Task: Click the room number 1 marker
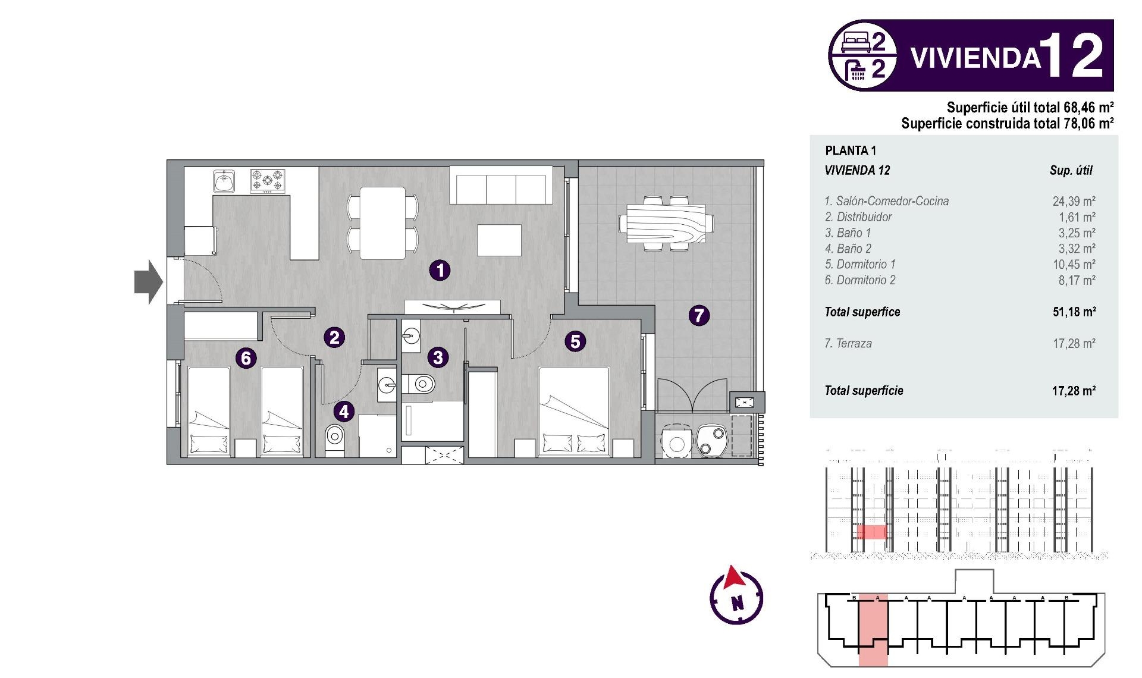pyautogui.click(x=440, y=270)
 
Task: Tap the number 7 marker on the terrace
pyautogui.click(x=699, y=315)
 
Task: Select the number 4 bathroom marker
pyautogui.click(x=343, y=412)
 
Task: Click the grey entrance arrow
pyautogui.click(x=148, y=282)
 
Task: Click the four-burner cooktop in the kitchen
pyautogui.click(x=267, y=181)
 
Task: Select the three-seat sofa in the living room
pyautogui.click(x=501, y=187)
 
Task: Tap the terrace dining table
pyautogui.click(x=666, y=224)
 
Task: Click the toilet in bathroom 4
pyautogui.click(x=335, y=439)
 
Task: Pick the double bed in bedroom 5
pyautogui.click(x=574, y=412)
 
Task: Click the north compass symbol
pyautogui.click(x=736, y=597)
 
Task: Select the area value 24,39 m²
pyautogui.click(x=1074, y=201)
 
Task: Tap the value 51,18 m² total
pyautogui.click(x=1074, y=312)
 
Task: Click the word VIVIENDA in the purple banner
pyautogui.click(x=975, y=58)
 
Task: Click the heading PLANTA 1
pyautogui.click(x=851, y=150)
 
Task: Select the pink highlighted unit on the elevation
pyautogui.click(x=871, y=531)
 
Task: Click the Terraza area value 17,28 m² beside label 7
pyautogui.click(x=1074, y=343)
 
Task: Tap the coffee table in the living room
pyautogui.click(x=499, y=240)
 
